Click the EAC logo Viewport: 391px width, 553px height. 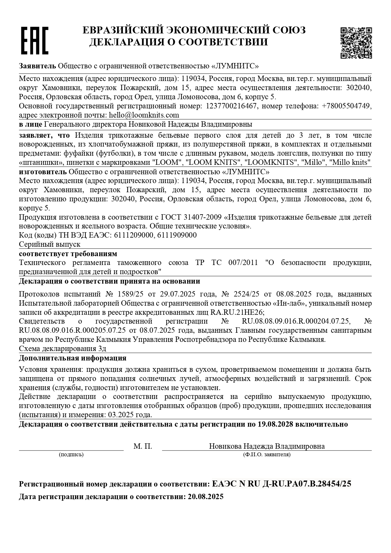[x=35, y=40]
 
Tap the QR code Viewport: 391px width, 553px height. [x=356, y=43]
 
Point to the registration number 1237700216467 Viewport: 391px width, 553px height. [x=231, y=106]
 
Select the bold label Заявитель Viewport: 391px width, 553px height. [x=37, y=66]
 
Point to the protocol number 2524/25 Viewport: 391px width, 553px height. [x=246, y=294]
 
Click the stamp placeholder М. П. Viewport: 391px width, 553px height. [x=143, y=446]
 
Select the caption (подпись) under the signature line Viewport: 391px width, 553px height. [x=71, y=454]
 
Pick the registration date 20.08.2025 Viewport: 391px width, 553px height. [x=205, y=497]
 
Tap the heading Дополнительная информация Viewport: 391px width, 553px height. [x=72, y=358]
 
